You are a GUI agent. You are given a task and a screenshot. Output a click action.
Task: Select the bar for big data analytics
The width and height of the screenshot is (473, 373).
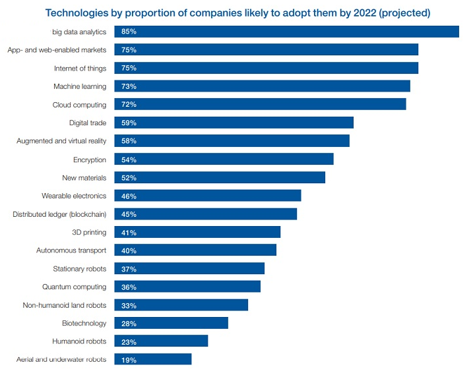tap(286, 32)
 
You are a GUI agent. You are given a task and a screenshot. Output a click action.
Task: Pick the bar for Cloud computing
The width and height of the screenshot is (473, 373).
tap(260, 104)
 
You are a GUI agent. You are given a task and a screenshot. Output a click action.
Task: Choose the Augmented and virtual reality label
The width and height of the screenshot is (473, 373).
tap(61, 141)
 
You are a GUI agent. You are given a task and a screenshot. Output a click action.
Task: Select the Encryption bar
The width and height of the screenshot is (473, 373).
tap(224, 159)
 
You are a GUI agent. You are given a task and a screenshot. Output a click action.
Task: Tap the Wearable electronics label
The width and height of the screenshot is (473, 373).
tap(73, 196)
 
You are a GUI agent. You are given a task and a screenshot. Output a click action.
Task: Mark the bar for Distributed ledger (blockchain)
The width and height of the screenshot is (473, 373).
tap(205, 214)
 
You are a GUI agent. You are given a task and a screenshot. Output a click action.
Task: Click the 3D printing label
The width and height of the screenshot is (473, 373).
tap(88, 232)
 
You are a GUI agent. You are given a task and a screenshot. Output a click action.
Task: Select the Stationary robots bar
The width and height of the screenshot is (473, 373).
tap(189, 268)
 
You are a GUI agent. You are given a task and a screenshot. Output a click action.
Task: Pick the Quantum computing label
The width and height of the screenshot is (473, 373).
tap(74, 287)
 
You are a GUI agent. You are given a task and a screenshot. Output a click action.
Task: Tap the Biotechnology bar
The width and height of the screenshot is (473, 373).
tap(171, 323)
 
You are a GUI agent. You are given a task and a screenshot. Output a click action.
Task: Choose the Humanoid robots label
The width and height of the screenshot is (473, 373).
tap(79, 341)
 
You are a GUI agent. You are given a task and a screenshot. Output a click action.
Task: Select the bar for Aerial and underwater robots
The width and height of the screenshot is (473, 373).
tap(152, 359)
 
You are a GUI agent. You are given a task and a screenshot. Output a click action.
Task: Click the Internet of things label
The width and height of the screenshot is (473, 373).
tap(80, 68)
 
